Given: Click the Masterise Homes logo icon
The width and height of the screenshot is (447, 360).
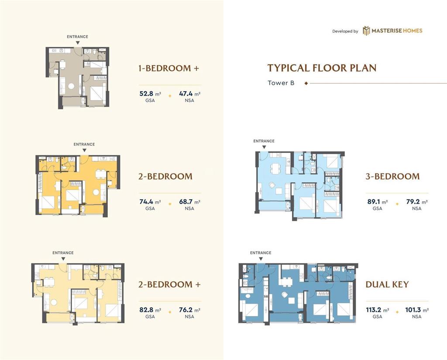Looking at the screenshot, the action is [x=366, y=31].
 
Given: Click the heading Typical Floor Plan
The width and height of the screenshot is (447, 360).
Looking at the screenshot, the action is [x=322, y=68].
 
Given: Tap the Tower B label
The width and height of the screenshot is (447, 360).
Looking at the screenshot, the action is [x=281, y=83].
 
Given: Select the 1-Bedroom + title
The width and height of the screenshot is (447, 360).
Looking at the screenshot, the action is [x=169, y=68].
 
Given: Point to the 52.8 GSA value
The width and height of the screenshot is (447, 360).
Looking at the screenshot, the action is [x=146, y=93].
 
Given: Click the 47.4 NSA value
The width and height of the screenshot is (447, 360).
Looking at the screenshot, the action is [x=186, y=93].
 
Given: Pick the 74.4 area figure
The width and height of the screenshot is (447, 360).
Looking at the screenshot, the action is [x=146, y=202].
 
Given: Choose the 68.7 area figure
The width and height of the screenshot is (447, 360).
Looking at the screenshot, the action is [x=186, y=202].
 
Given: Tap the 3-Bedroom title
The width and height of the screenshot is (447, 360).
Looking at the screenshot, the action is [x=392, y=177].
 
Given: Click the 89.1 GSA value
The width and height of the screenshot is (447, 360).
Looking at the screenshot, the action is [x=374, y=202].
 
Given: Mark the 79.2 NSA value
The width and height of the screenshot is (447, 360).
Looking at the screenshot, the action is [x=413, y=202].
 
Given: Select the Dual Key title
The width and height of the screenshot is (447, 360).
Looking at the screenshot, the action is [x=387, y=284].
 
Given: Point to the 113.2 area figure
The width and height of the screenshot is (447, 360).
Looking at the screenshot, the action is [x=374, y=310].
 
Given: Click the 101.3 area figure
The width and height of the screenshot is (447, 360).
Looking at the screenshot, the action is [x=413, y=310].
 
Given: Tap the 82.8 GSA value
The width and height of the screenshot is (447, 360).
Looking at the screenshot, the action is [x=146, y=310].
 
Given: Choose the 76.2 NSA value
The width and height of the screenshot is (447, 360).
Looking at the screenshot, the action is [x=186, y=310].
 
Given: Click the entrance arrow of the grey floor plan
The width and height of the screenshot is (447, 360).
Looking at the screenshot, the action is [x=78, y=43].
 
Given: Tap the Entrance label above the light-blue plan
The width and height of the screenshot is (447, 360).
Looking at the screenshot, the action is [x=264, y=141].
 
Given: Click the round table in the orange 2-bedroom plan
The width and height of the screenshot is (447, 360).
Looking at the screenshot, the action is [x=96, y=193].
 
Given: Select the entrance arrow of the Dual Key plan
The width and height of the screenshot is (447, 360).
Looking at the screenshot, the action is [x=261, y=259].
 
